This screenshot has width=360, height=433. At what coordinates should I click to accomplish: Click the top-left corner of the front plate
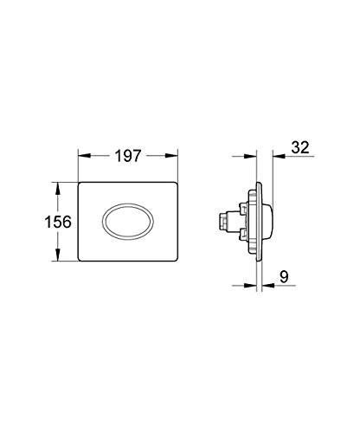[x=81, y=184]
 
